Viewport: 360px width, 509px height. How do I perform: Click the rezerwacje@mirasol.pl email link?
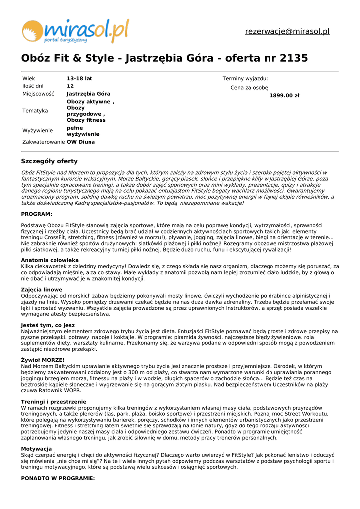pos(287,32)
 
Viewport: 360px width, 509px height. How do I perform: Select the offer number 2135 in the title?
pos(294,58)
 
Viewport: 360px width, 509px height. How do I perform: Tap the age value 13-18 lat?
pos(80,79)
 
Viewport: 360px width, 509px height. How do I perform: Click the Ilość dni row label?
pos(33,86)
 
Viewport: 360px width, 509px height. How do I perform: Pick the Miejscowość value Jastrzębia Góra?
pos(89,94)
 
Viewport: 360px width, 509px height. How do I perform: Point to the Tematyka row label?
pos(35,111)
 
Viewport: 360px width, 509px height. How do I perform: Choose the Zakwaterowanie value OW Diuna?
pos(81,142)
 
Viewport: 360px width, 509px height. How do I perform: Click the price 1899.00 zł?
pos(284,96)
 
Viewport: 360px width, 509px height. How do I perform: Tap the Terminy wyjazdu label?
pos(245,79)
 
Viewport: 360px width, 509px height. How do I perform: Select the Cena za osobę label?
pos(249,88)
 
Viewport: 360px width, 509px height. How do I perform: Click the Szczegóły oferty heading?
pos(49,161)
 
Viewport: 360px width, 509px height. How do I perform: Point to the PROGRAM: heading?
pos(36,214)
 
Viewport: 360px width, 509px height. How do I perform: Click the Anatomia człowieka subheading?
pos(50,260)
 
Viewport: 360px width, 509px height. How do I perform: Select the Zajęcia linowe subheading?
pos(42,290)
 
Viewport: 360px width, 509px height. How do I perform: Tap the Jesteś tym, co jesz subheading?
pos(48,325)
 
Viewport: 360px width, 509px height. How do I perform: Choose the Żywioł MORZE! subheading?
pos(43,360)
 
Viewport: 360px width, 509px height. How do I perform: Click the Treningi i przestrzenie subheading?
pos(54,401)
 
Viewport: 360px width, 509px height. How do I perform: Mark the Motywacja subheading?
pos(36,449)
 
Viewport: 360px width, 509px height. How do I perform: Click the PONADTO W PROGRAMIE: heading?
pos(58,478)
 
